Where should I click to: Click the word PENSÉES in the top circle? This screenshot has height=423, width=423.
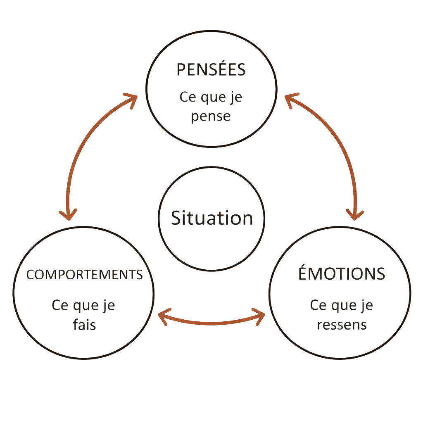click(x=211, y=70)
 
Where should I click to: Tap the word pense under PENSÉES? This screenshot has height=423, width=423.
click(x=211, y=116)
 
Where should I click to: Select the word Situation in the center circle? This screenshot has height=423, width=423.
click(x=212, y=218)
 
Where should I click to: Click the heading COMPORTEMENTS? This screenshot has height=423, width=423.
click(x=84, y=275)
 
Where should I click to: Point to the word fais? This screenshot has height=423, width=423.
click(x=84, y=325)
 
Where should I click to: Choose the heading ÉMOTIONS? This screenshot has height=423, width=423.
click(x=342, y=274)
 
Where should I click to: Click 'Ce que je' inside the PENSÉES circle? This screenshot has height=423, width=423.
click(x=211, y=98)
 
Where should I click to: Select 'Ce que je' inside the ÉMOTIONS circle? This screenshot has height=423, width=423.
click(x=342, y=306)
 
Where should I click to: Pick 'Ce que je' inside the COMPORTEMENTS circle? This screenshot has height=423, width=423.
click(x=83, y=306)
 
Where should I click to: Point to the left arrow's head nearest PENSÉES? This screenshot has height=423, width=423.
click(x=131, y=99)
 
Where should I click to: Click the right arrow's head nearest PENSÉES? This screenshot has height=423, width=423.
click(x=290, y=99)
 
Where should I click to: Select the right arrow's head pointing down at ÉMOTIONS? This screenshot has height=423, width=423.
click(x=355, y=214)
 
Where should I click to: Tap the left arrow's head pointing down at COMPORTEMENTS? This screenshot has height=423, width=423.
click(x=68, y=214)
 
